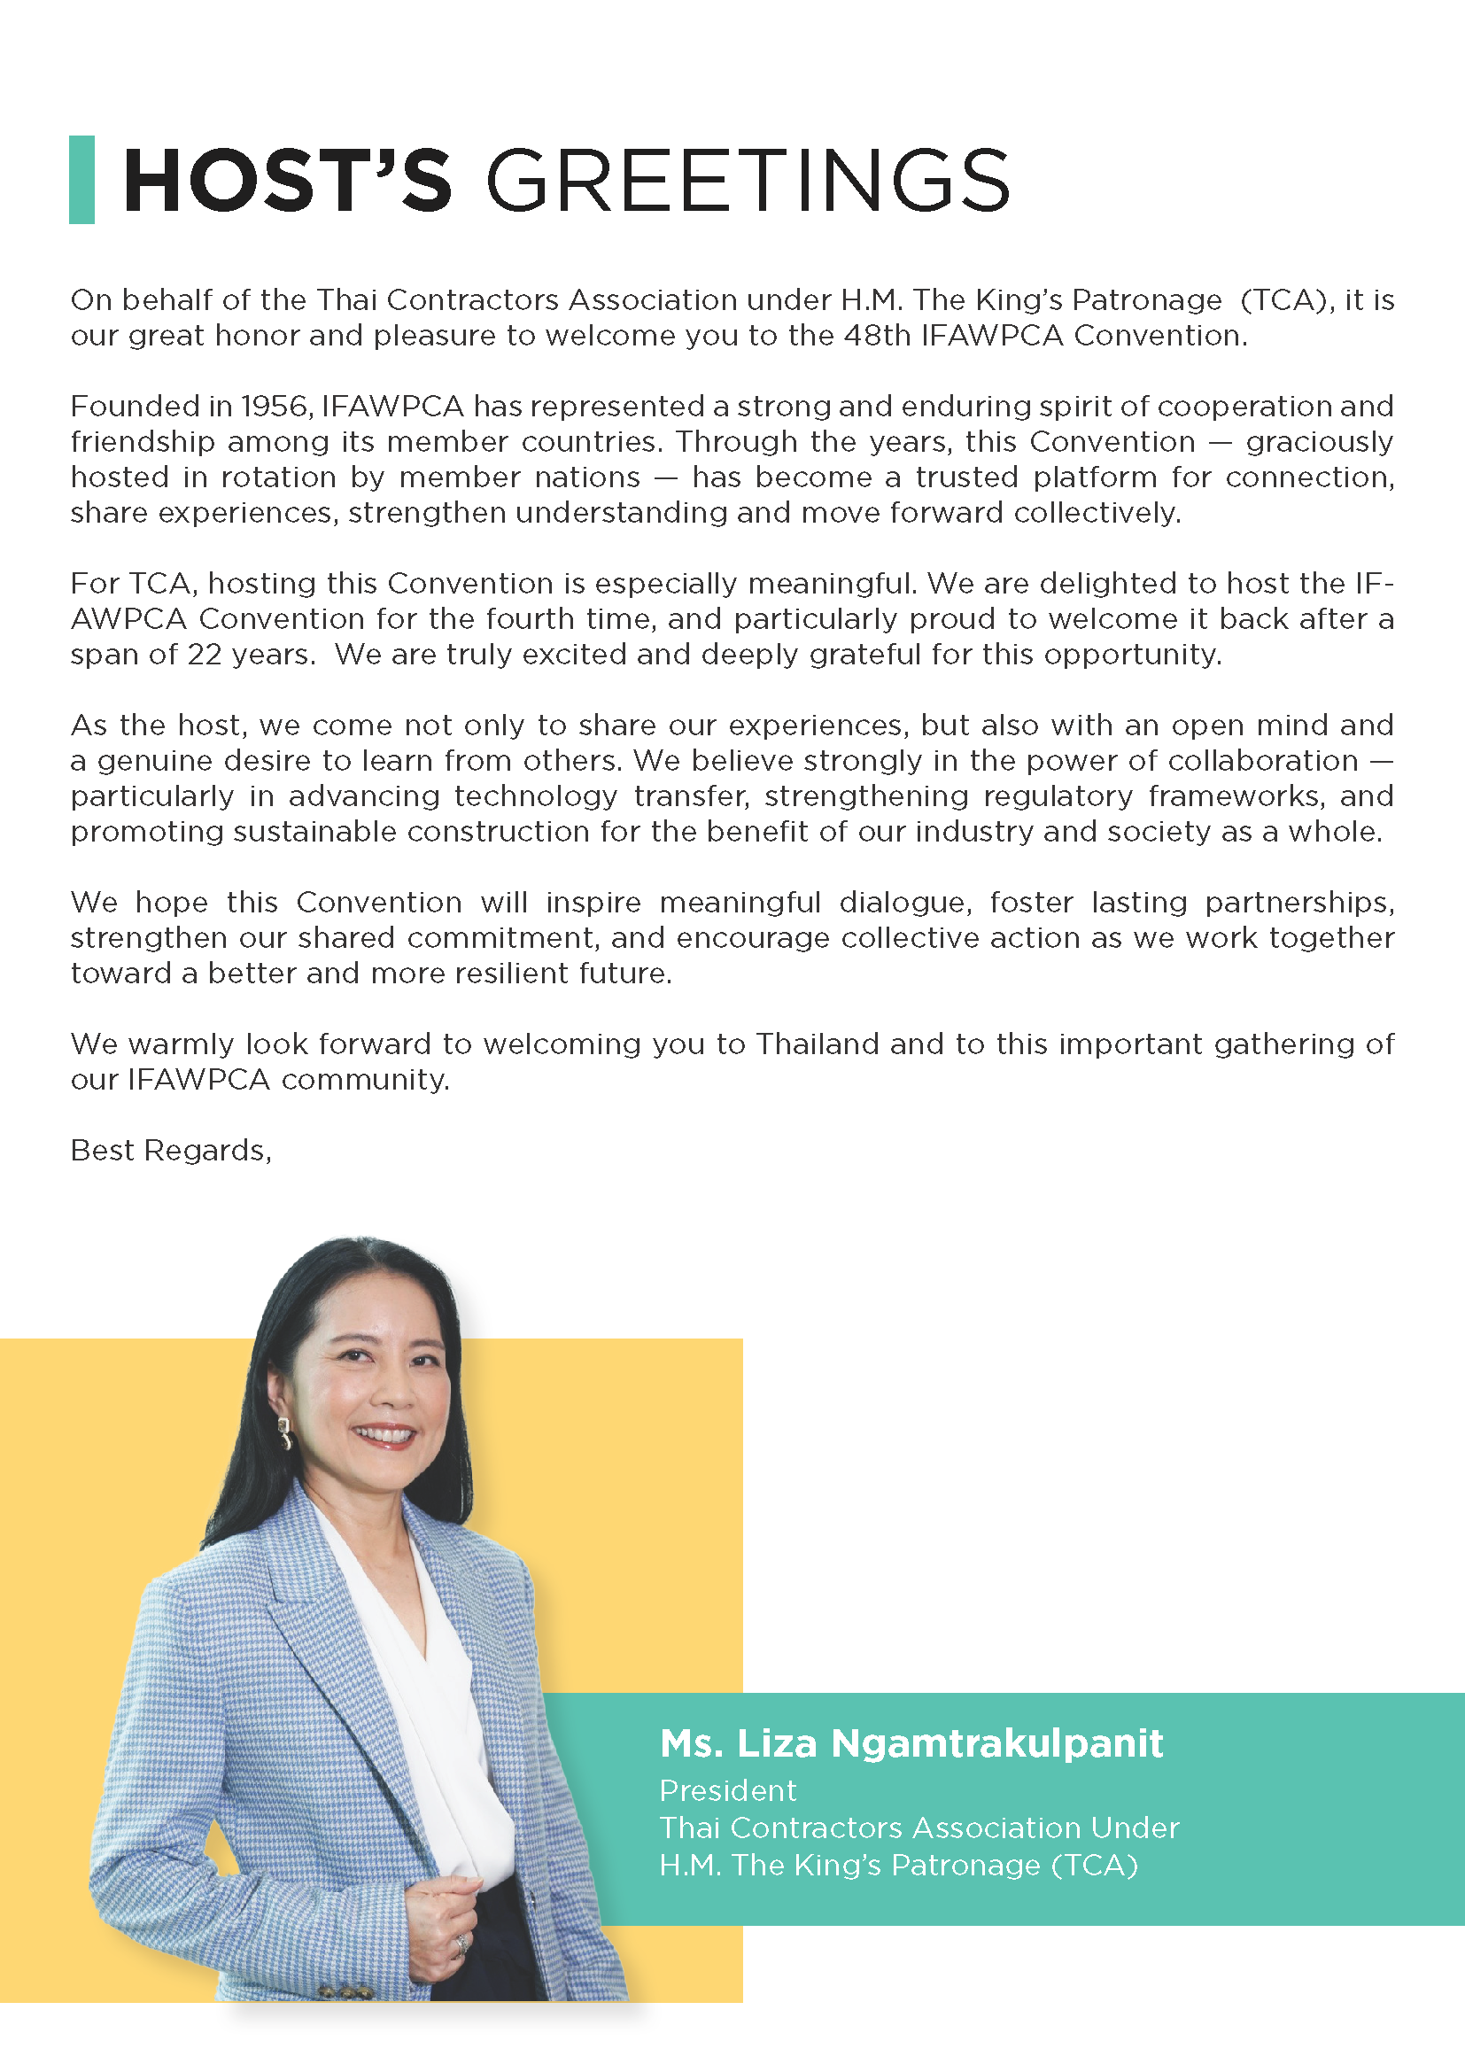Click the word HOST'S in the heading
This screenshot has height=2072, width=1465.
click(286, 181)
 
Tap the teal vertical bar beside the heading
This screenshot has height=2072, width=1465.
click(82, 180)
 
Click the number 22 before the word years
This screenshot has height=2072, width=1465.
click(204, 655)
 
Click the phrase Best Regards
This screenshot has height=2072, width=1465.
click(170, 1151)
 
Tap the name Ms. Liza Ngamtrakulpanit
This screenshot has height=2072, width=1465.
click(911, 1742)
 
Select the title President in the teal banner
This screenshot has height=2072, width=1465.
click(728, 1790)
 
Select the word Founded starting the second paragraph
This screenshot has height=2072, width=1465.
click(135, 406)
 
